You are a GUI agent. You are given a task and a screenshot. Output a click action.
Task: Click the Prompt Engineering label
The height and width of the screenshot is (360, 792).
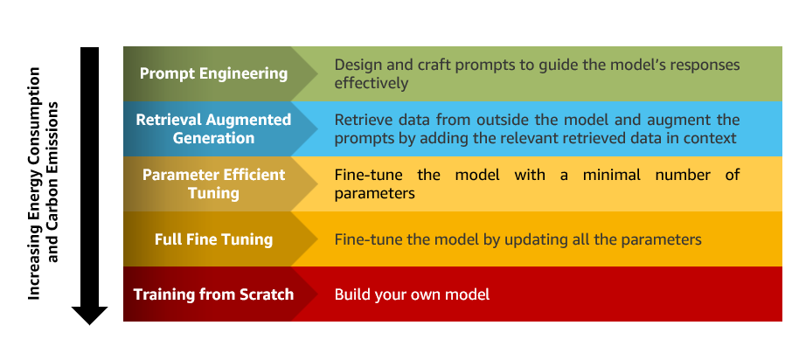(x=213, y=73)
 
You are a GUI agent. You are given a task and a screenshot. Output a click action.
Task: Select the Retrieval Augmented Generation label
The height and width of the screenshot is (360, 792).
(x=213, y=128)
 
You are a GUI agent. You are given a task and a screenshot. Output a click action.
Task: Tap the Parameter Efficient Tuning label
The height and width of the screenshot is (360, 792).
(x=213, y=183)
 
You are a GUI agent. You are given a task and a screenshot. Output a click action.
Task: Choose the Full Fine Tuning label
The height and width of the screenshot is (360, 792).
(x=213, y=239)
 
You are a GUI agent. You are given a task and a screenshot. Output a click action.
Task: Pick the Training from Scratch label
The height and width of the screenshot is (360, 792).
(x=213, y=294)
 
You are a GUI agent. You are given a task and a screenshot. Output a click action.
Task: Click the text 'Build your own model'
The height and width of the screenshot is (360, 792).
(x=412, y=294)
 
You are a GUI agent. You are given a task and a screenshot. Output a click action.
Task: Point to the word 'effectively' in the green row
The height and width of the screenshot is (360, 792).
(x=372, y=83)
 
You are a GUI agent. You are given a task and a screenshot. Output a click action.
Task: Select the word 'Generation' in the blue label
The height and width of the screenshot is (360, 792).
(x=213, y=138)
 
